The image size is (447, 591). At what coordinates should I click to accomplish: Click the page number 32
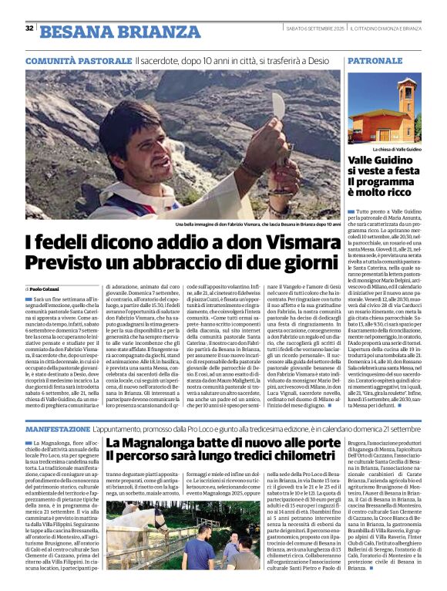tap(29, 29)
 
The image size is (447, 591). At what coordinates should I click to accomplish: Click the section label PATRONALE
tap(375, 60)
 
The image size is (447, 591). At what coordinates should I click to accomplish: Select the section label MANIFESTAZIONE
tap(58, 428)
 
